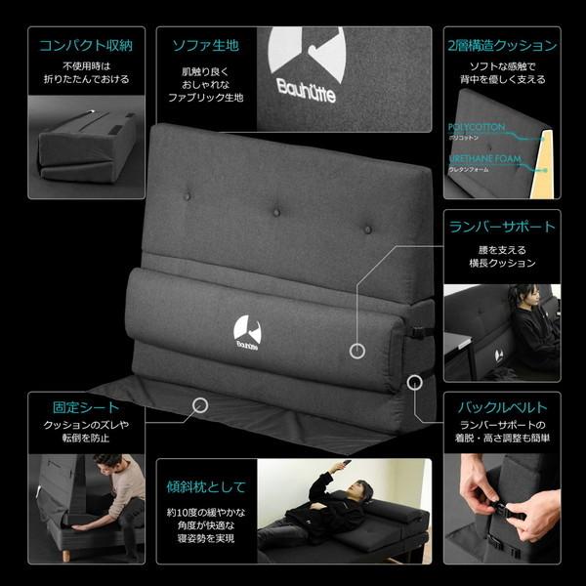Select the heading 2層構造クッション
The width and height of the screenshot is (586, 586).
coord(502,45)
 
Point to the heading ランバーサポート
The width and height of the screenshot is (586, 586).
coord(502,227)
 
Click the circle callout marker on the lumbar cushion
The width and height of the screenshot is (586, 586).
coord(357,348)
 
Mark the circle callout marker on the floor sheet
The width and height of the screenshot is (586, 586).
coord(200,403)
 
